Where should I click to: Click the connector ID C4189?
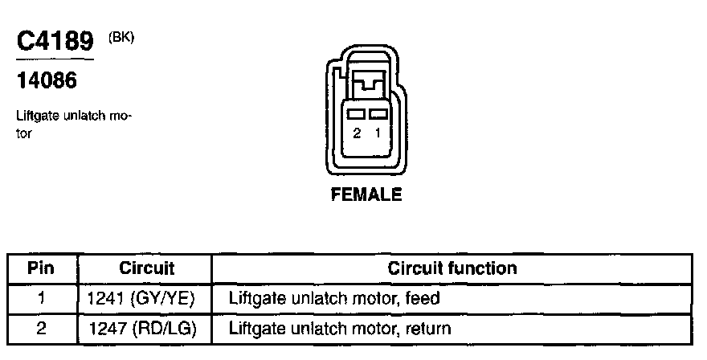pos(55,42)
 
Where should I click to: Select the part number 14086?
pos(47,81)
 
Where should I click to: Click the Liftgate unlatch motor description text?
pos(73,124)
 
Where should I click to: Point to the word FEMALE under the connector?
pos(366,195)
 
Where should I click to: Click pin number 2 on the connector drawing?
pos(357,134)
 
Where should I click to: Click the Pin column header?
pos(41,268)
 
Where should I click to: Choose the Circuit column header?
pos(146,268)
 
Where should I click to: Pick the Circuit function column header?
pos(452,268)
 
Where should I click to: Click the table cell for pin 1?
pos(41,299)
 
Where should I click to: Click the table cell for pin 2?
pos(41,328)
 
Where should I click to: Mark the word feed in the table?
pos(423,299)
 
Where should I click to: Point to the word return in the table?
pos(428,328)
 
